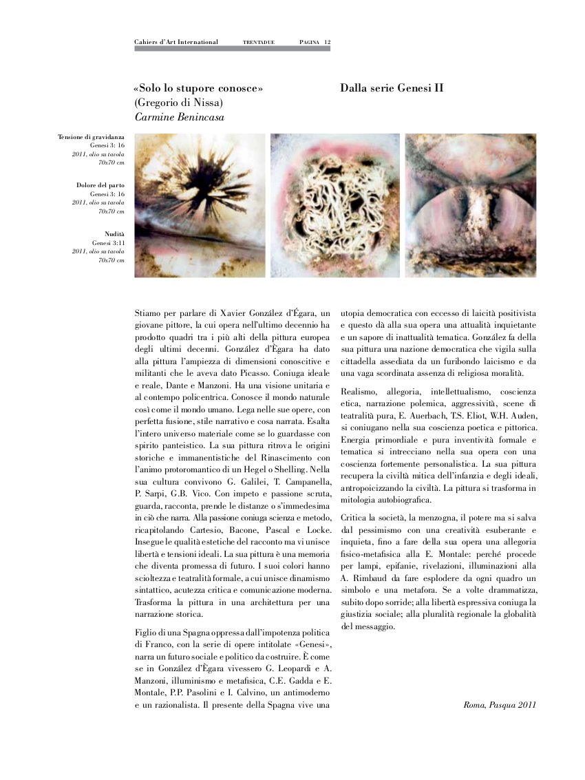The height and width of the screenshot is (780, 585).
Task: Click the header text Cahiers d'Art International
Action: (176, 42)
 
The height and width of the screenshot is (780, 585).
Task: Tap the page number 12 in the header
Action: (328, 42)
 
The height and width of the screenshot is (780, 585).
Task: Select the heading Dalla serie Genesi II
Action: (392, 89)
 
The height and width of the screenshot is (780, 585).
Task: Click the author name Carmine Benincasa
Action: (180, 117)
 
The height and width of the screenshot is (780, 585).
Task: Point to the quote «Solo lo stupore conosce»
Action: (199, 89)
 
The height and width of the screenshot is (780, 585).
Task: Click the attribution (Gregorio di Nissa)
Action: (178, 103)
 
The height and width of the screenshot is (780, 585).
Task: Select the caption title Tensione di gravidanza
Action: (92, 138)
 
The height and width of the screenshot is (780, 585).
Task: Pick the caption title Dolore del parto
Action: (100, 186)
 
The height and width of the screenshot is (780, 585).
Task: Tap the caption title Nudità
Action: (114, 235)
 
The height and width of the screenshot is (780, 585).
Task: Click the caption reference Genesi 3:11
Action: (108, 243)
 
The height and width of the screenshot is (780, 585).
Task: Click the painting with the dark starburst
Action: (200, 205)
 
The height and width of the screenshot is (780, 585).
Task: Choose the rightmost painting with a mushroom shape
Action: (470, 205)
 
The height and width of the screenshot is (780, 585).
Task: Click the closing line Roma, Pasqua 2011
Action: (500, 705)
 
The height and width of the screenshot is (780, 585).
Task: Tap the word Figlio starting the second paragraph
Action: (148, 633)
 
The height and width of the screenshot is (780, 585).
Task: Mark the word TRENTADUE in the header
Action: (259, 43)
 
